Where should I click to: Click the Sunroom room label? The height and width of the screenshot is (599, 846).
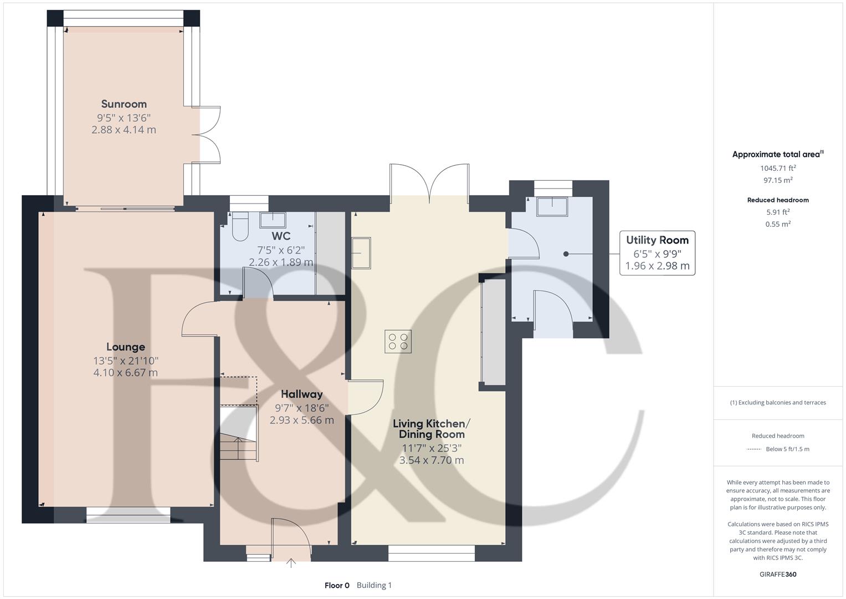pyautogui.click(x=124, y=104)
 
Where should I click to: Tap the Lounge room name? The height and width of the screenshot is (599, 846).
pyautogui.click(x=126, y=347)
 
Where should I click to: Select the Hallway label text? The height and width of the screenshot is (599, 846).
pyautogui.click(x=301, y=394)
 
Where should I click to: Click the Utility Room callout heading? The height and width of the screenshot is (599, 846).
pyautogui.click(x=657, y=240)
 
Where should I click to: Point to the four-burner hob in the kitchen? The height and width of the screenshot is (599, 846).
pyautogui.click(x=398, y=341)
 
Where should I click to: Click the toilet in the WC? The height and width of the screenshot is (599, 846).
pyautogui.click(x=240, y=227)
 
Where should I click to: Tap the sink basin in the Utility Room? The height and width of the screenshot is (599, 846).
pyautogui.click(x=552, y=206)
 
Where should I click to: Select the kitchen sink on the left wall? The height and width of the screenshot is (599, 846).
pyautogui.click(x=361, y=253)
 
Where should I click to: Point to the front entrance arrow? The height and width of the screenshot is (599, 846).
pyautogui.click(x=291, y=564)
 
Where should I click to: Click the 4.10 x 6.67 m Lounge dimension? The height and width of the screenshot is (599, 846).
pyautogui.click(x=126, y=373)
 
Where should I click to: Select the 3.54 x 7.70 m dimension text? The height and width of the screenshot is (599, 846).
pyautogui.click(x=432, y=460)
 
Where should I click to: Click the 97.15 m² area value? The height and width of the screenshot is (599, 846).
pyautogui.click(x=778, y=180)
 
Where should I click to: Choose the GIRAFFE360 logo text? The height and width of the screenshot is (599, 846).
pyautogui.click(x=778, y=574)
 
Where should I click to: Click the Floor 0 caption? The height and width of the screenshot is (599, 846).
pyautogui.click(x=337, y=585)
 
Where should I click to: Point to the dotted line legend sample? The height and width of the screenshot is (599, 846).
pyautogui.click(x=753, y=449)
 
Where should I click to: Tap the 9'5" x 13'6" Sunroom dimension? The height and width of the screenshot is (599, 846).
pyautogui.click(x=124, y=118)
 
